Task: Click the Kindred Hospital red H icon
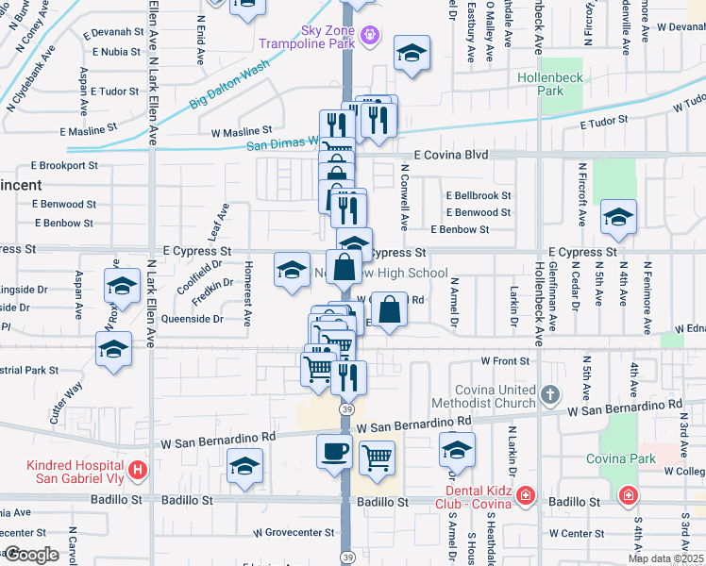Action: point(138,468)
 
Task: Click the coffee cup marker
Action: point(334,451)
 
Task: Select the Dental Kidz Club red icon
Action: point(526,495)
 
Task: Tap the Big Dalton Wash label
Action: point(228,84)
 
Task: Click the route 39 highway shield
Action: point(348,408)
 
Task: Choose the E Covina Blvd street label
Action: point(451,155)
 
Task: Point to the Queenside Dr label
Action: point(193,319)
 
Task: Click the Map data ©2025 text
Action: point(666,558)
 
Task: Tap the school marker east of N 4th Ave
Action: point(617,219)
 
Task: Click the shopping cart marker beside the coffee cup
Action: point(378,457)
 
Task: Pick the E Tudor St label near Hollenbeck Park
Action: point(604,122)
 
